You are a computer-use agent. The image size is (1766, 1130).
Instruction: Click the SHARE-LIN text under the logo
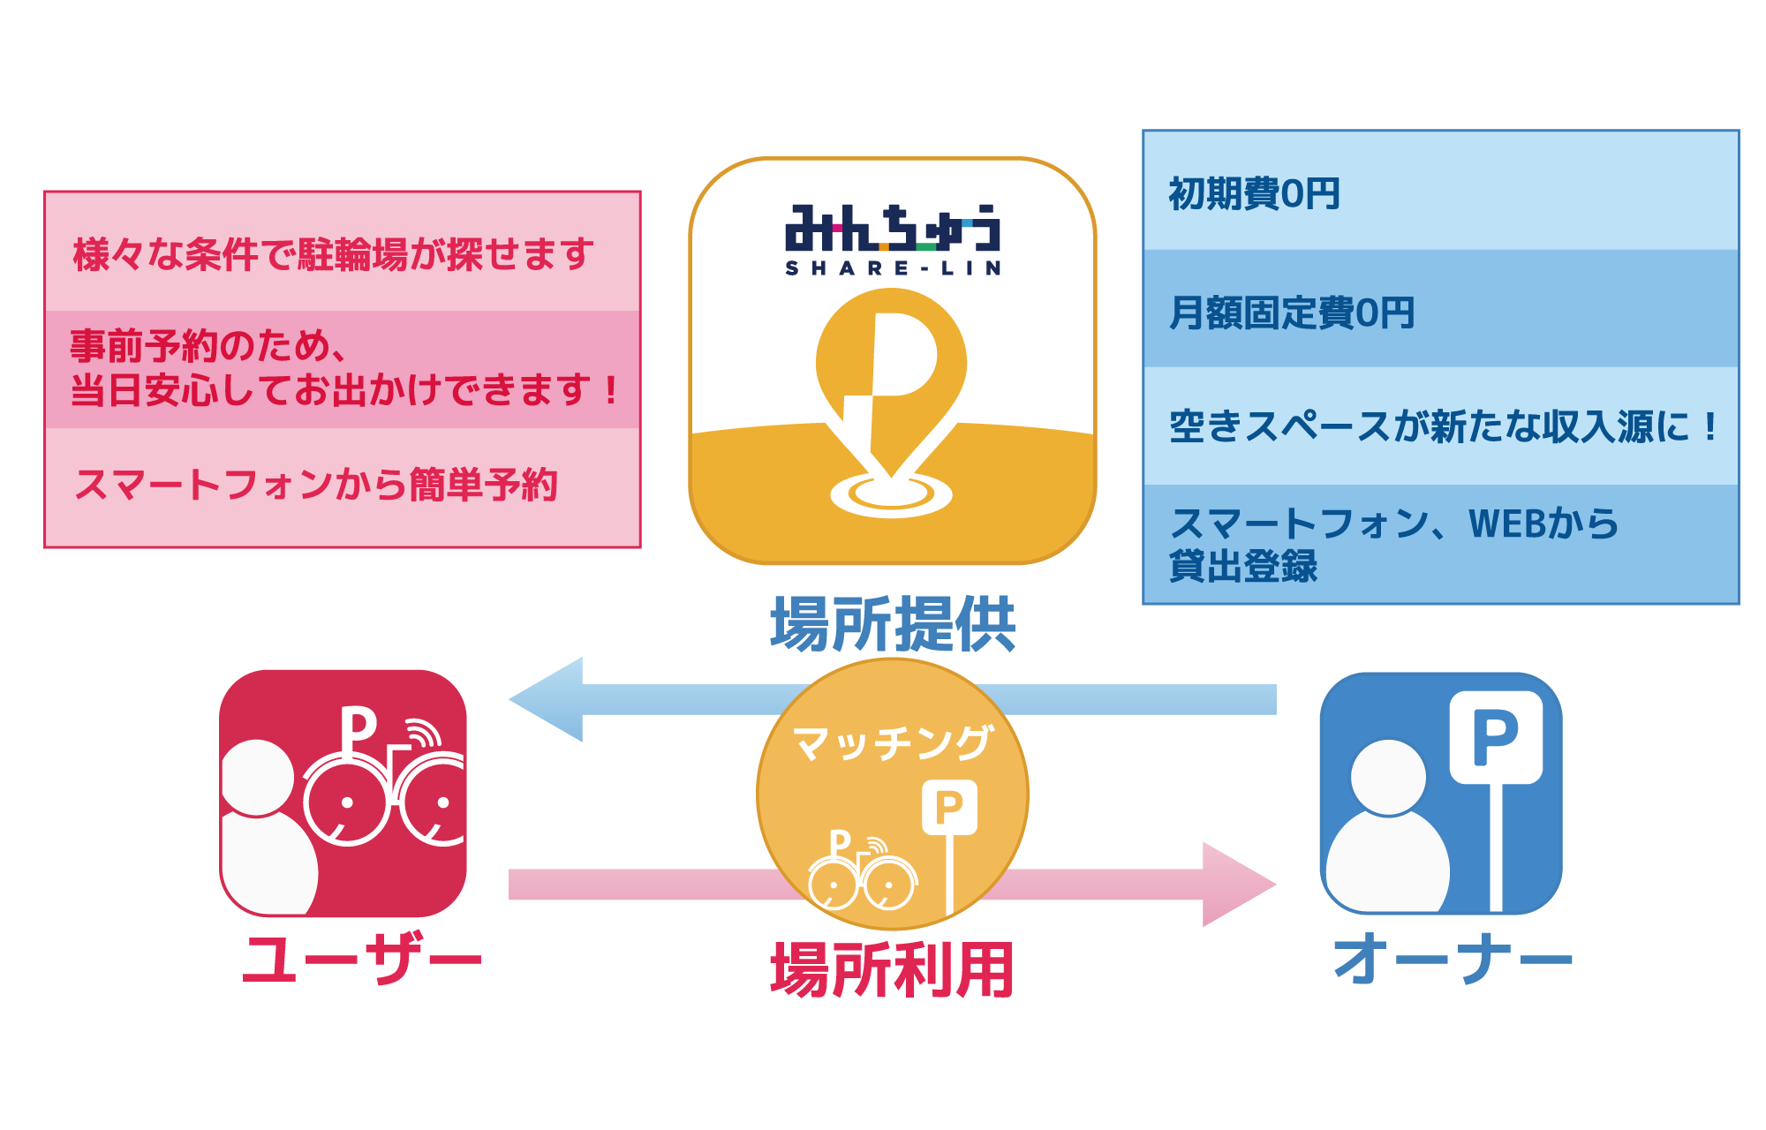[893, 268]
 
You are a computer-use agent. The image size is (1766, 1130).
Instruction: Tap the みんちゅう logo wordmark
[893, 229]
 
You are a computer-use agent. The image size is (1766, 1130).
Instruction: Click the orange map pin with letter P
[891, 371]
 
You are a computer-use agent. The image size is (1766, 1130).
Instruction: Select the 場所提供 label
[893, 624]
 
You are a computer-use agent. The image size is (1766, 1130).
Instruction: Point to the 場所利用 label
[892, 969]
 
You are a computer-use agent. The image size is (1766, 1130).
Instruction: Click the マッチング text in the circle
[893, 742]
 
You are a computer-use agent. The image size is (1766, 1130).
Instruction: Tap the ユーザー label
[362, 959]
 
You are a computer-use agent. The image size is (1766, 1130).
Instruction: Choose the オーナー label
[1453, 959]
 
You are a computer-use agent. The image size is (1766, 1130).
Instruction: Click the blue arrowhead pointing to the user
[547, 699]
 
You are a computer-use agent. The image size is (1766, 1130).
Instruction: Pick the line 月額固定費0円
[1292, 313]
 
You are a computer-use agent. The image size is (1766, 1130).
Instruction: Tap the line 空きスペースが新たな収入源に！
[1443, 427]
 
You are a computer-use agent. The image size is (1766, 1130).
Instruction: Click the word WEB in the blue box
[1509, 524]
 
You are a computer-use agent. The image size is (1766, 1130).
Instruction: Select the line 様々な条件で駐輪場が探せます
[333, 255]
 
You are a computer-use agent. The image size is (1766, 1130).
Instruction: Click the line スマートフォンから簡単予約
[316, 485]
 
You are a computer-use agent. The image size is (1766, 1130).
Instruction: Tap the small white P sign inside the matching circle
[949, 807]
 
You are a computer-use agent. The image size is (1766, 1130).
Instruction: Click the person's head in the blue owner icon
[1388, 777]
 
